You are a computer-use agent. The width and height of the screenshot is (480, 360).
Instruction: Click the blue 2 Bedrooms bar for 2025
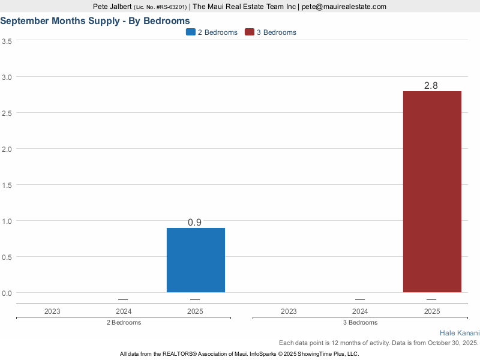(196, 260)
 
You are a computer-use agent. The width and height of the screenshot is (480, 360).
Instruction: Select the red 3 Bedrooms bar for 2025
(432, 192)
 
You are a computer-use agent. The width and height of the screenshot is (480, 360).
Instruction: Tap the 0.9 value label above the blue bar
(194, 223)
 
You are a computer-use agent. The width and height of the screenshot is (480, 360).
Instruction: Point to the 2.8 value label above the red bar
(431, 86)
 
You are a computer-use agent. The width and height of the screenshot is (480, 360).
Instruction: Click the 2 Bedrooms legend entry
(212, 32)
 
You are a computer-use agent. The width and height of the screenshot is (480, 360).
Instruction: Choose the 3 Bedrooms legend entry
(271, 32)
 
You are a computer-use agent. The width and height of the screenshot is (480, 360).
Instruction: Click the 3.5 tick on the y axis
(7, 41)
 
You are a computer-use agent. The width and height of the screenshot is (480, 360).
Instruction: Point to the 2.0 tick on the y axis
(7, 149)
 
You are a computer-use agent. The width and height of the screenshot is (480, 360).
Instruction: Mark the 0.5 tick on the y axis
(7, 257)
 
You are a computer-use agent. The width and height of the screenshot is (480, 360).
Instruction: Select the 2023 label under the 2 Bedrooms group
(52, 311)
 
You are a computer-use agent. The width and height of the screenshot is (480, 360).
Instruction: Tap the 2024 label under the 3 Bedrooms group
(360, 311)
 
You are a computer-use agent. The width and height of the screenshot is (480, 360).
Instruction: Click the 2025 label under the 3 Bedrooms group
(432, 311)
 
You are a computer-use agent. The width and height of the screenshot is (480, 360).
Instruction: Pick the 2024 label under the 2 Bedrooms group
(123, 311)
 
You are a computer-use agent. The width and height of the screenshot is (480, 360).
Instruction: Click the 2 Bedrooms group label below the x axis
(123, 322)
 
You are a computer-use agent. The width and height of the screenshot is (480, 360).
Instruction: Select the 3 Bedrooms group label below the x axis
(360, 322)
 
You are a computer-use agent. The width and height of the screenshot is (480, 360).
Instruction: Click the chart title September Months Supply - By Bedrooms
(95, 20)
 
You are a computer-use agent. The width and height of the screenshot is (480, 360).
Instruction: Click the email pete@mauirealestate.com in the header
(344, 7)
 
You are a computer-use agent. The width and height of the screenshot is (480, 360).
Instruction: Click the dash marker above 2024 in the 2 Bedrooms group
(123, 299)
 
